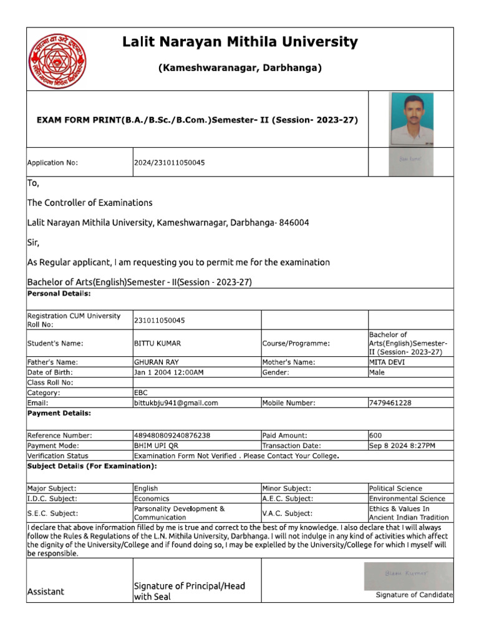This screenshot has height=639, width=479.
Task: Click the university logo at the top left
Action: (x=57, y=61)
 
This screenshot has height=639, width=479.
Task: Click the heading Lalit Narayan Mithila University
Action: (x=240, y=42)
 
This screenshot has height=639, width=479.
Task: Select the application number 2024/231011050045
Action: (x=169, y=163)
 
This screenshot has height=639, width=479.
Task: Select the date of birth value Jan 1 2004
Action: (x=168, y=373)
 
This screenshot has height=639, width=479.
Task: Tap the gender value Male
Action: (x=377, y=373)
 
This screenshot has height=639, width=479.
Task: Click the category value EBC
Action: (x=140, y=393)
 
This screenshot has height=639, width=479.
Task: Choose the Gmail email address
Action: (x=176, y=403)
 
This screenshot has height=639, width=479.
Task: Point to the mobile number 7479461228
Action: (x=390, y=403)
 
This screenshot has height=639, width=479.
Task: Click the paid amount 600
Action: (x=375, y=436)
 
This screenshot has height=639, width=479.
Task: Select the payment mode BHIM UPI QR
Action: (x=159, y=446)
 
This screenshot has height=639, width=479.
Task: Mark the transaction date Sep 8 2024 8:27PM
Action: (x=402, y=446)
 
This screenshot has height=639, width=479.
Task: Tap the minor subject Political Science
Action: (x=395, y=489)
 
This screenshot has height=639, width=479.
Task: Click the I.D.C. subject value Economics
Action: (x=152, y=499)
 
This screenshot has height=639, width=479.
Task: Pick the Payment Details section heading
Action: (x=59, y=413)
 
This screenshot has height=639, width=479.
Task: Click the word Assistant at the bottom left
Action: (x=46, y=592)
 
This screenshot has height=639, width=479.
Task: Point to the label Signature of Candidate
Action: (x=414, y=595)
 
